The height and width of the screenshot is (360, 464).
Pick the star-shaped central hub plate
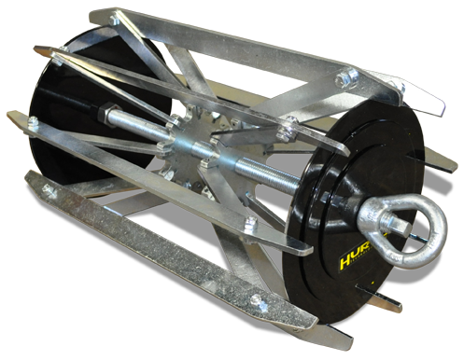point(191,149)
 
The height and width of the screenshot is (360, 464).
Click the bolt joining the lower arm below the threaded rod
point(249,222)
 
